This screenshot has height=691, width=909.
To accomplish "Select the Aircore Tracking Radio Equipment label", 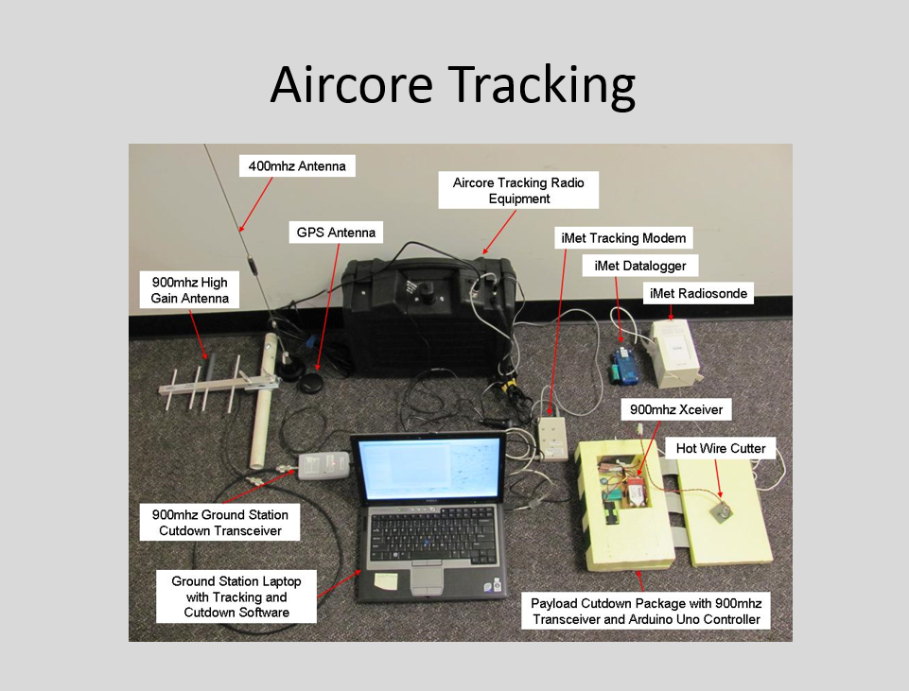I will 519,190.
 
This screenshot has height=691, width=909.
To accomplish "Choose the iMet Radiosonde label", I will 698,294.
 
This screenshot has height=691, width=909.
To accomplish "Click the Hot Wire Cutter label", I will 721,447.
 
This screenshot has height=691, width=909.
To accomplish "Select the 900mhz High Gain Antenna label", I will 189,290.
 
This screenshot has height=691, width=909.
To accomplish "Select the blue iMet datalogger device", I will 624,361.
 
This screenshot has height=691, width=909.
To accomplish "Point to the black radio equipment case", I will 426,302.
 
